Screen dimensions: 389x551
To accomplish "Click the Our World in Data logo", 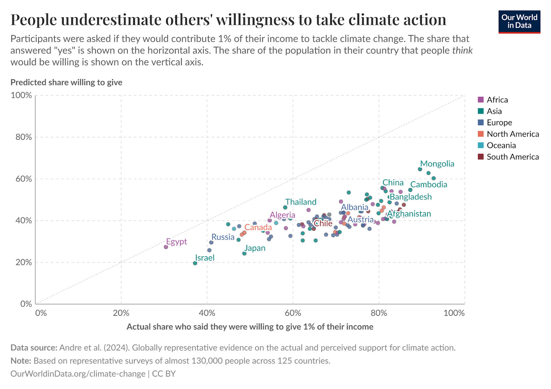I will (x=519, y=22).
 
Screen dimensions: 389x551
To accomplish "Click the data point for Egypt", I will (x=166, y=247).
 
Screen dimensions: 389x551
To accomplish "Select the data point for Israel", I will (x=195, y=263).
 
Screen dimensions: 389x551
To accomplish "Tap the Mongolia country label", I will (x=437, y=164).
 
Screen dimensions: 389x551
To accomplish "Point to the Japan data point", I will (x=245, y=253).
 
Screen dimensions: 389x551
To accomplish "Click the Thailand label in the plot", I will (x=301, y=202).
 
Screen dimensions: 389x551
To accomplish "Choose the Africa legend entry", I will (x=497, y=100).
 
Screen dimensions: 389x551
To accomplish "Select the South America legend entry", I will (x=512, y=157).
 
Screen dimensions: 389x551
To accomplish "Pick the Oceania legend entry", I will (x=501, y=145).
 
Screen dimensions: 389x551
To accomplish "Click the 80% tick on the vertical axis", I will (x=24, y=137).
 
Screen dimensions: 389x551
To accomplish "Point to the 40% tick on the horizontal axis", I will (x=207, y=313).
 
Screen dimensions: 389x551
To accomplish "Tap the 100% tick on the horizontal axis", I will (x=454, y=313).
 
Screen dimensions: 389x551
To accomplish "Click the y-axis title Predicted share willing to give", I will (x=66, y=82).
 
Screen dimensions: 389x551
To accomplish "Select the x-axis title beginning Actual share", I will (x=250, y=327).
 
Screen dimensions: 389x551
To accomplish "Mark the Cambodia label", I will (x=428, y=185).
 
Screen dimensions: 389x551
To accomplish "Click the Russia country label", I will (x=223, y=237).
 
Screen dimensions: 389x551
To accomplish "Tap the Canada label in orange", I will (x=258, y=228).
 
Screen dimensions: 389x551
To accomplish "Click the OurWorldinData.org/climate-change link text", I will (x=78, y=374).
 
